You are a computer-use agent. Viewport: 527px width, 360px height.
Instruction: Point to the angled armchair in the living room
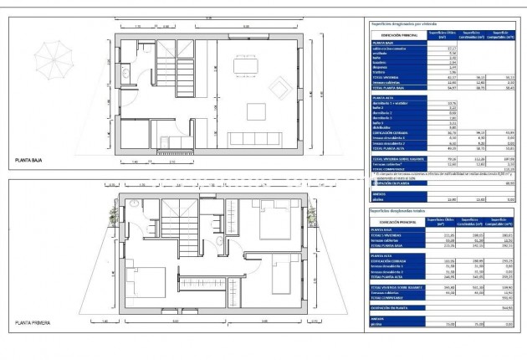pos(277,85)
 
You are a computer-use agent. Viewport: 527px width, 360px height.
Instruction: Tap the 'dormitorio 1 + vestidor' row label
pos(392,103)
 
